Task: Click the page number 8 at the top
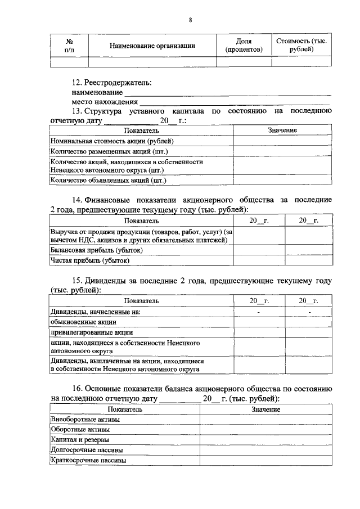191,21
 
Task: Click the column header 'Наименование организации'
152,46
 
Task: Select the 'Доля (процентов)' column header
244,46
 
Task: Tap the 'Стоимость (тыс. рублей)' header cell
301,46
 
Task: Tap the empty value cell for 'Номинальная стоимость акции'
282,141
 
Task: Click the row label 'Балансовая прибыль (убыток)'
96,250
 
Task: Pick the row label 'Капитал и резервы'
80,439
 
